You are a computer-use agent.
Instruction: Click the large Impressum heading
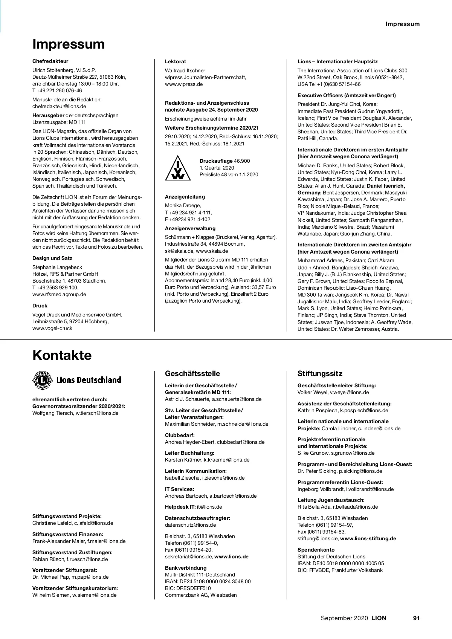(x=69, y=44)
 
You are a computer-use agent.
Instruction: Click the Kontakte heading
(x=62, y=355)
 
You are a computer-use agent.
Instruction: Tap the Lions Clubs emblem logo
(x=42, y=380)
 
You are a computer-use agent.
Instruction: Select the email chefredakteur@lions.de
(x=59, y=107)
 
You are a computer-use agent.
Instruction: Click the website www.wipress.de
(x=184, y=84)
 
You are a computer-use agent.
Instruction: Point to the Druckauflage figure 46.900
(x=241, y=161)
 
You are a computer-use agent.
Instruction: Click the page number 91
(x=416, y=618)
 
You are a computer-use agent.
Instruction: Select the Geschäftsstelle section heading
(x=192, y=374)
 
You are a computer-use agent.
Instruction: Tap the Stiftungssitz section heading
(x=320, y=374)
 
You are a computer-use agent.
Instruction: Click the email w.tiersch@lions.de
(x=97, y=413)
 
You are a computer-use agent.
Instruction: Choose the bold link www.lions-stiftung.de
(x=368, y=539)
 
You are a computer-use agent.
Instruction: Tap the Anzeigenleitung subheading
(x=185, y=197)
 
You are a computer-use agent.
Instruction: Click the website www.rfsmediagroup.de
(x=59, y=295)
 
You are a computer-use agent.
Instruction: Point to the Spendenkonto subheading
(x=316, y=550)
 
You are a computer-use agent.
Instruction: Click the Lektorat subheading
(x=176, y=62)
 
